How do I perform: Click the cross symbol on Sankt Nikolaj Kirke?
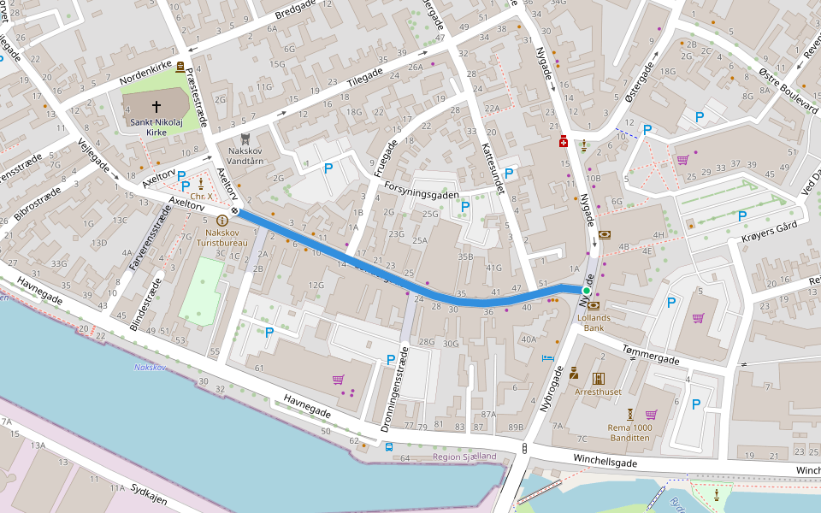click(157, 107)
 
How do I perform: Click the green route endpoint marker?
click(587, 292)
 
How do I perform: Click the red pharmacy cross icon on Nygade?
click(564, 141)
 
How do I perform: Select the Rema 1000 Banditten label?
click(629, 433)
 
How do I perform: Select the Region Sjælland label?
click(464, 457)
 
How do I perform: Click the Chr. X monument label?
click(201, 197)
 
